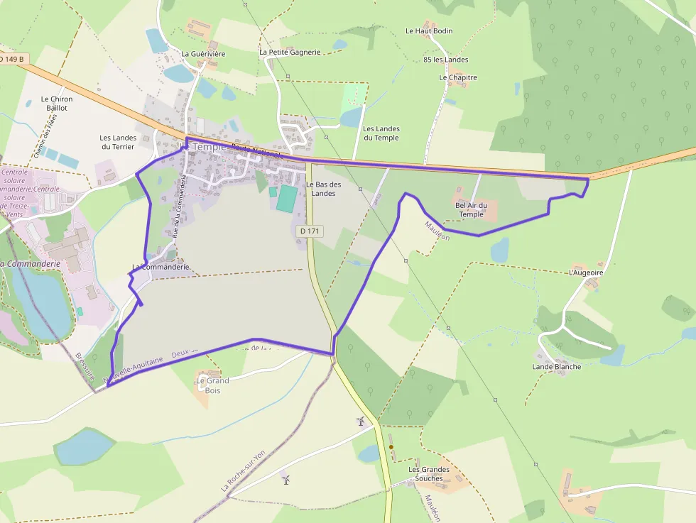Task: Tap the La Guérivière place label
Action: click(x=203, y=53)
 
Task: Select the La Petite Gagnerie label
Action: click(x=290, y=52)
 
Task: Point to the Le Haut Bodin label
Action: click(x=429, y=31)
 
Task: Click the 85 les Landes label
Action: click(x=445, y=60)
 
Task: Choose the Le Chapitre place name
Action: click(x=458, y=77)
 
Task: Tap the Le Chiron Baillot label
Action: click(x=57, y=104)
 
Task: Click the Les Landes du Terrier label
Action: click(x=117, y=142)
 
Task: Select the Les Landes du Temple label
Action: click(x=381, y=133)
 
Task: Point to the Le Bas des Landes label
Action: click(x=324, y=189)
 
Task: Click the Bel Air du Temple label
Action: click(x=472, y=209)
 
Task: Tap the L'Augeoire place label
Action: click(x=587, y=272)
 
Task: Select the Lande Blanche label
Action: click(x=557, y=367)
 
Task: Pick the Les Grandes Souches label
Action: click(x=429, y=474)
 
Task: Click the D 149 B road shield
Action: click(x=13, y=59)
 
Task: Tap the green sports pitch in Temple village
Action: click(x=285, y=198)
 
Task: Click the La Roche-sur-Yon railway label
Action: click(x=244, y=470)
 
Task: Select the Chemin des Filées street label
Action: click(x=45, y=137)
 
